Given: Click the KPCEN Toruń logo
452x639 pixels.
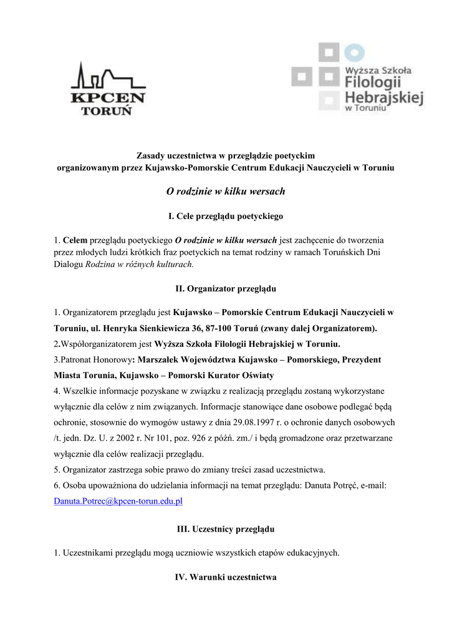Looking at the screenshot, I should coord(108,89).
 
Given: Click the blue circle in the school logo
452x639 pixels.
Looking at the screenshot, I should coord(353,52).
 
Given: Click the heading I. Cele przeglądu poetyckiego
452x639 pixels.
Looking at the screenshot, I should coord(226,216).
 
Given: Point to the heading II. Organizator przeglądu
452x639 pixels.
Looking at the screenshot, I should coord(226,289).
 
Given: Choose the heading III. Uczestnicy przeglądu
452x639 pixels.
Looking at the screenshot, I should coord(226,529).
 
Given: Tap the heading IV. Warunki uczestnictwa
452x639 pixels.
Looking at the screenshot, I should coord(226,577).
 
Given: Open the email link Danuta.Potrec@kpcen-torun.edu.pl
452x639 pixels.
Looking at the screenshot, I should coord(118,500).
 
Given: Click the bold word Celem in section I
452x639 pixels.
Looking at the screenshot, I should coord(75,240).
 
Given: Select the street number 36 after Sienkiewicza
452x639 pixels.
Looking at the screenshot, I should coord(230,328).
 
